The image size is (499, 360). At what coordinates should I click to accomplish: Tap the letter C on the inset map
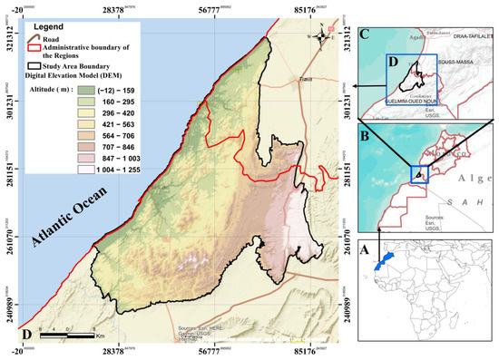[x=365, y=36]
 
